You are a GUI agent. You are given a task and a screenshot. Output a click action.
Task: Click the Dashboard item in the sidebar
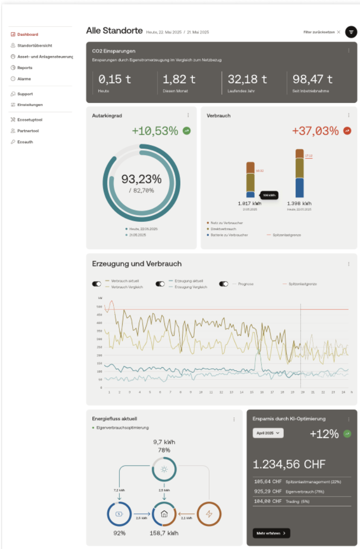click(27, 35)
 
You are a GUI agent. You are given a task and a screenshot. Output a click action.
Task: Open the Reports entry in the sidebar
click(25, 68)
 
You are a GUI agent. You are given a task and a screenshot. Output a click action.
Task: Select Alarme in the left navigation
click(24, 79)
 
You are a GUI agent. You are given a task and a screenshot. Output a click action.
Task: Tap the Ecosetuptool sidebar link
click(29, 120)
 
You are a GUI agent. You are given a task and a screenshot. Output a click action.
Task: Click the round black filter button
click(351, 32)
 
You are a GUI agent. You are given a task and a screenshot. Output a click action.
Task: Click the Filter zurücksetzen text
click(319, 32)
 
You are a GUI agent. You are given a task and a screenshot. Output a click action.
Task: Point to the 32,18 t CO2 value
click(247, 79)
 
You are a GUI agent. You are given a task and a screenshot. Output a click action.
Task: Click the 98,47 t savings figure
click(312, 79)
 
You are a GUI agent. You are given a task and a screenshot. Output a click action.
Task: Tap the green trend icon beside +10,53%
click(187, 130)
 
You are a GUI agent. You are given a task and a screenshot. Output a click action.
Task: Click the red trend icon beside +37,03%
click(347, 130)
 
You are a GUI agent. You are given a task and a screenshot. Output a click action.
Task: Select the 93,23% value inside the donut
click(141, 179)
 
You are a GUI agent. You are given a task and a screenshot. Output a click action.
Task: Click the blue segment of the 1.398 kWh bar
click(299, 188)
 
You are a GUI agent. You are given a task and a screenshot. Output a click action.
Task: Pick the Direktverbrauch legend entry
click(223, 229)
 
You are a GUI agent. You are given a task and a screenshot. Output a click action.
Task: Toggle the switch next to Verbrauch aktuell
click(97, 284)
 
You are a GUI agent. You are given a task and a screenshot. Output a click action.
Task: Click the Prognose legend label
click(246, 284)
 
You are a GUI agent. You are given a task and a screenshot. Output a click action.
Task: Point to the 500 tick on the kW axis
click(100, 307)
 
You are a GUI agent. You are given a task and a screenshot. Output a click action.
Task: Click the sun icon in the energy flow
click(164, 469)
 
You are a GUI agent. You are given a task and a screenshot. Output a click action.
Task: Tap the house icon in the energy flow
click(164, 514)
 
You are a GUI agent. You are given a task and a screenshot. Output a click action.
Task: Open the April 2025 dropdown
click(268, 433)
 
